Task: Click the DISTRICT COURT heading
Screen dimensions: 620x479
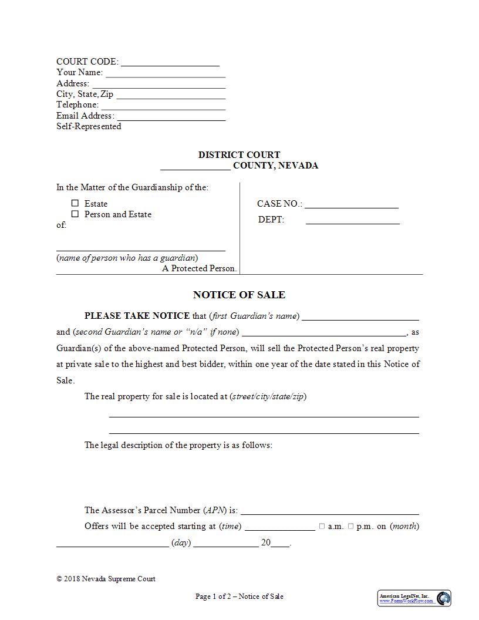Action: pos(239,155)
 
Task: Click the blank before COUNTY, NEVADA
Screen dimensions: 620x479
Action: pos(195,166)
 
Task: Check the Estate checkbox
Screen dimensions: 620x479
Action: pos(75,203)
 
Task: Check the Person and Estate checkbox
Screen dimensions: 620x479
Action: pos(75,214)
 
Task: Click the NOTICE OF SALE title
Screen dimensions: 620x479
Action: pos(239,295)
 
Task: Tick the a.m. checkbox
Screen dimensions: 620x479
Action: pos(322,527)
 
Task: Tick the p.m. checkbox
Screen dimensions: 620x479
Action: pos(350,527)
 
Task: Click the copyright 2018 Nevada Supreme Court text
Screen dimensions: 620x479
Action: pos(106,579)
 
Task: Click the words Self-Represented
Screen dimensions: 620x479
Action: pos(89,126)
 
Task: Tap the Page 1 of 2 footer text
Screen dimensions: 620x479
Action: pos(239,597)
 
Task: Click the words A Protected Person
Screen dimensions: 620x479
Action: pos(200,268)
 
